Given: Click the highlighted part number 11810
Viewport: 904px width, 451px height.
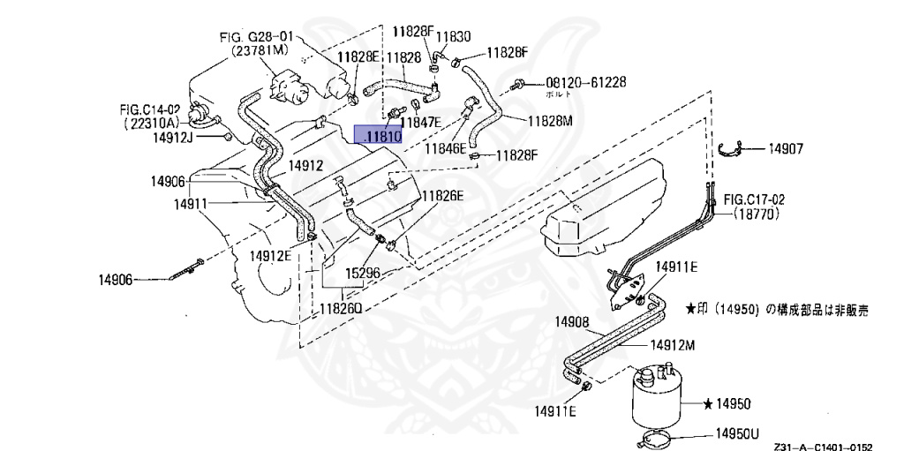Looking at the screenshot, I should (379, 136).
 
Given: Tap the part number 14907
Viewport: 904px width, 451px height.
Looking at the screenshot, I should (786, 149).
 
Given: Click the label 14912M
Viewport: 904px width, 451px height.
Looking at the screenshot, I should (673, 345).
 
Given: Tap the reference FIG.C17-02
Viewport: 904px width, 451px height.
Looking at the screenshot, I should (754, 199).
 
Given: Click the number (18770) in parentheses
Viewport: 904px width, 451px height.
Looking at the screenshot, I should (756, 214).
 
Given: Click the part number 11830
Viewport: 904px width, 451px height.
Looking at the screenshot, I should (456, 37).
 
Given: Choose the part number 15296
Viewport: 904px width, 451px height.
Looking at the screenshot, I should (363, 274).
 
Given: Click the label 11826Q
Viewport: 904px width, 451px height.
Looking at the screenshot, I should (343, 310).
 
